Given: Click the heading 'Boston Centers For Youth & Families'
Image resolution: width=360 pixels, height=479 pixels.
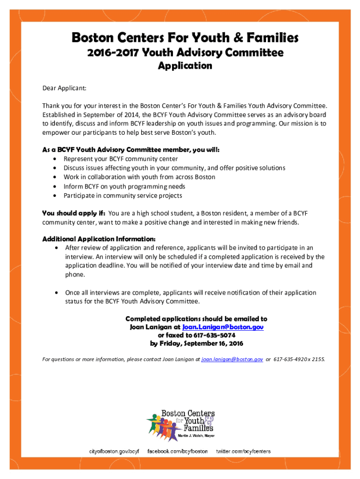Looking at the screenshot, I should [185, 37].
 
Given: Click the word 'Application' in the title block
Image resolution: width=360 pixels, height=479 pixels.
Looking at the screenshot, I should [185, 65].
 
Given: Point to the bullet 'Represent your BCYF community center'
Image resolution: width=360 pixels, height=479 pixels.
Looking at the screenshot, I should [121, 159].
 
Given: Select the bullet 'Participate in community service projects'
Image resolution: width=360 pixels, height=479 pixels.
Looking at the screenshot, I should [123, 196].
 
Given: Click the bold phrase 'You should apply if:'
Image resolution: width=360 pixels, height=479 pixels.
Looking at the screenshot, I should [74, 213].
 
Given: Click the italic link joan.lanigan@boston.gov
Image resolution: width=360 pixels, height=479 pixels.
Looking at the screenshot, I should [232, 359].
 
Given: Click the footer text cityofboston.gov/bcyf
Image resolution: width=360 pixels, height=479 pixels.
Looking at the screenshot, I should [115, 451].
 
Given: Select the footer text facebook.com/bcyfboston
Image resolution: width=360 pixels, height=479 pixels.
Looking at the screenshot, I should [178, 451].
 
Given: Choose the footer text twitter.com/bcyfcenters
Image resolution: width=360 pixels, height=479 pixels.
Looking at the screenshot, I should [243, 451].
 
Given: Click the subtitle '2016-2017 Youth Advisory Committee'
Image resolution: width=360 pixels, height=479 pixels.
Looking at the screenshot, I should [185, 53].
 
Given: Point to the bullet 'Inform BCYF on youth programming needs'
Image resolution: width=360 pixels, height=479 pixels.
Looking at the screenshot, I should [124, 186].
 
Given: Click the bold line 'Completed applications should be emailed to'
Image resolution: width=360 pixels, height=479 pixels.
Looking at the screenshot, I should [196, 319].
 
